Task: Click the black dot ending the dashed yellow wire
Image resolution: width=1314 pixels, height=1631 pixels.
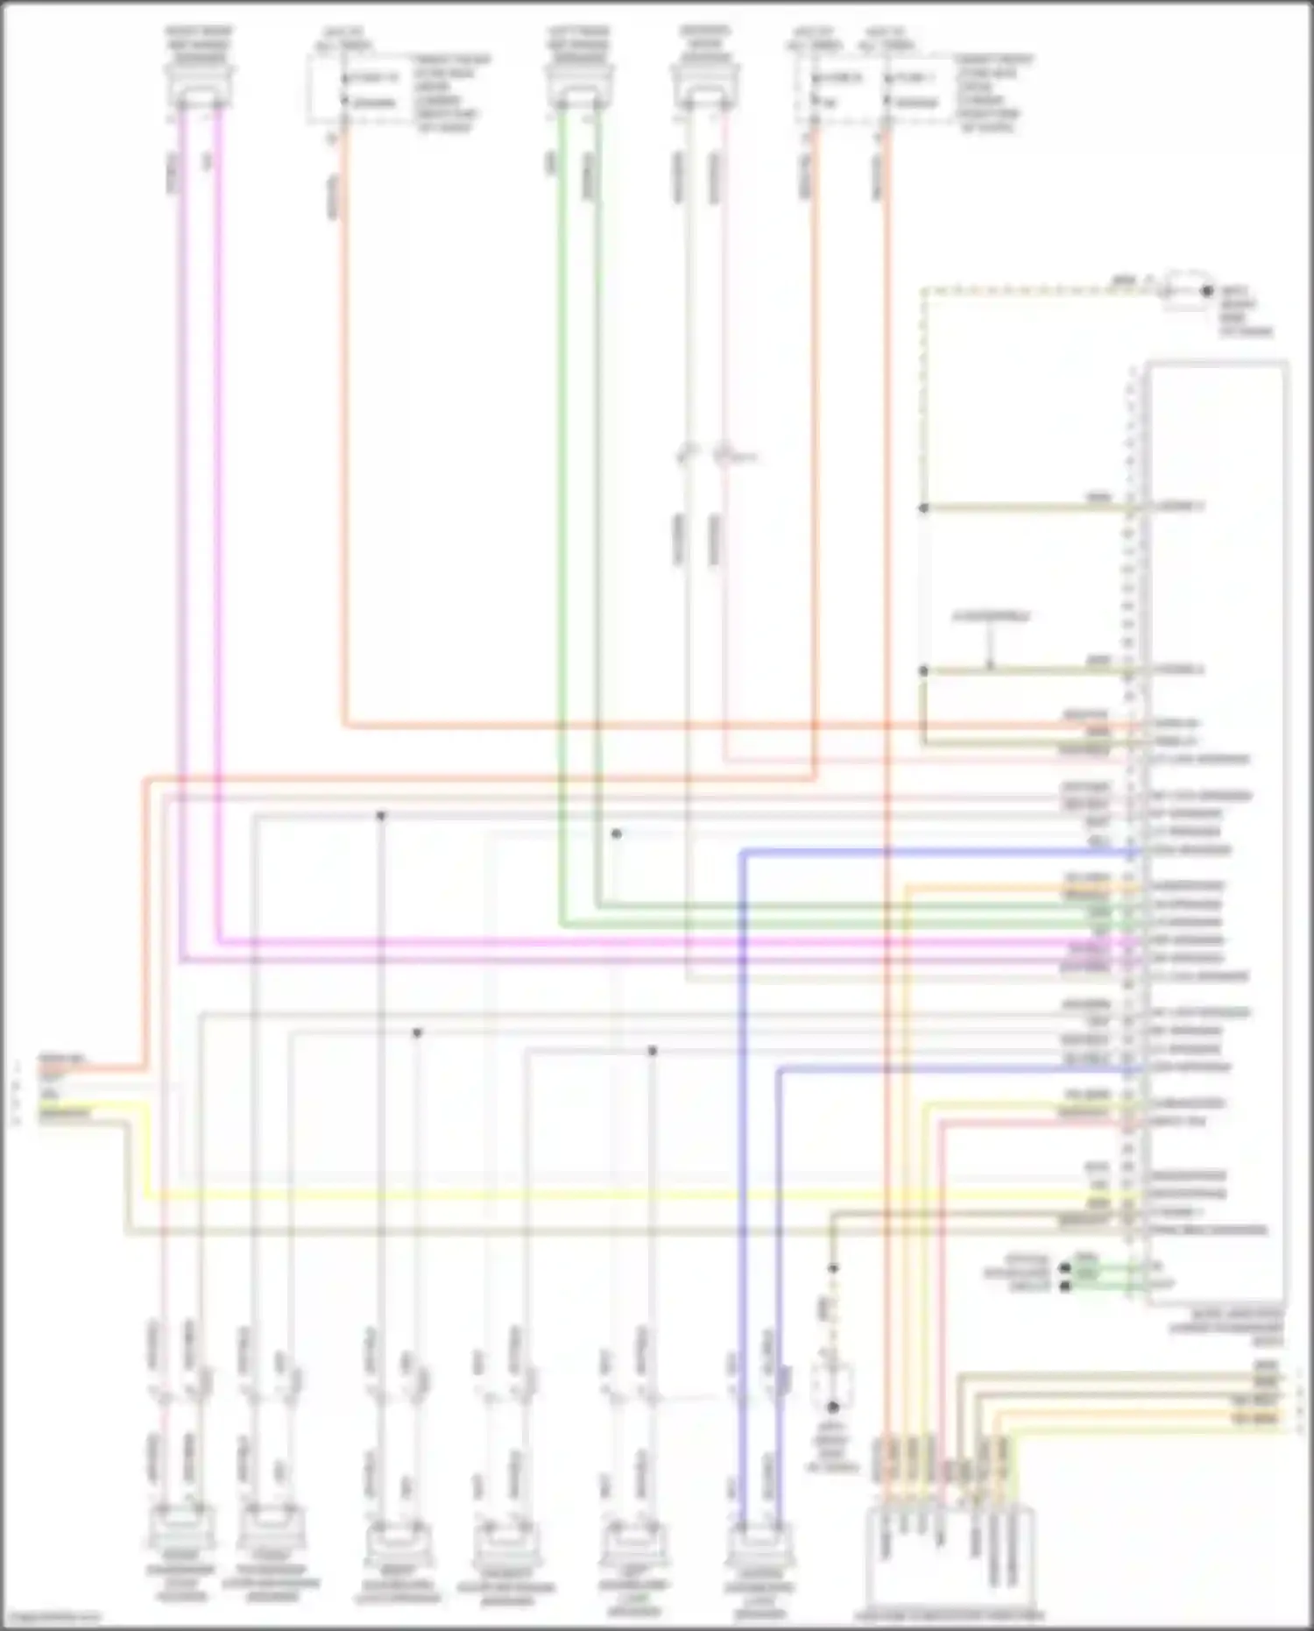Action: (1207, 291)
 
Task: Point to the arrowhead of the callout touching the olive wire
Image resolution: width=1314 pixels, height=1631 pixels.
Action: (990, 668)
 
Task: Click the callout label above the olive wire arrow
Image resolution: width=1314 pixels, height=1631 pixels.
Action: (991, 617)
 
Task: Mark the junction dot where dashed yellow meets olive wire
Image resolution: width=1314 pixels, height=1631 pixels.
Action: (923, 507)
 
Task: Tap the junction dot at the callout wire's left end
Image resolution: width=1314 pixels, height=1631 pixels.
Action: (923, 670)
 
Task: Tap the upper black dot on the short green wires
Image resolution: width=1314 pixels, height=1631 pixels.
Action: (1065, 1267)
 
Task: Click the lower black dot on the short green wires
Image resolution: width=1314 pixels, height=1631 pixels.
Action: (1065, 1286)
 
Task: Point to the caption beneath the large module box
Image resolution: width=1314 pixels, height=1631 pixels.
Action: (1226, 1328)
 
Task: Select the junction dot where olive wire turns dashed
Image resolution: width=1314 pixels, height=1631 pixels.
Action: (833, 1268)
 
